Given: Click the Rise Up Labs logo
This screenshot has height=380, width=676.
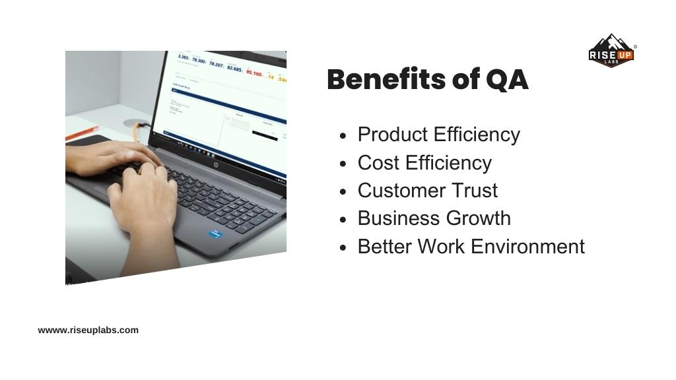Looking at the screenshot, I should click(x=611, y=51).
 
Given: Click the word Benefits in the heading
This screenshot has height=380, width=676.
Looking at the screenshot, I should click(x=386, y=80).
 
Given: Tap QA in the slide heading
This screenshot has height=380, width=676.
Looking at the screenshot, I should click(x=507, y=80).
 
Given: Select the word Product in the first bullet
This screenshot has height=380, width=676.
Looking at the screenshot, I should click(x=393, y=135).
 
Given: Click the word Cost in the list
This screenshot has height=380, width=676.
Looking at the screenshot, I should click(x=378, y=162).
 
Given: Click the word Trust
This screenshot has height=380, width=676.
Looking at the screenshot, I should click(x=474, y=191).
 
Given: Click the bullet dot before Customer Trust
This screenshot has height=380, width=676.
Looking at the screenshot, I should click(x=343, y=191).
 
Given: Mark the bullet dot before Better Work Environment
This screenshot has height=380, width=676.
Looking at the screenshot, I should click(x=343, y=247).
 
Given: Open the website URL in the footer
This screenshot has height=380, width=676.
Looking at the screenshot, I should click(x=88, y=330).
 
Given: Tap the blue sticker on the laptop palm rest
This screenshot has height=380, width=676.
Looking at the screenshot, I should click(x=215, y=234).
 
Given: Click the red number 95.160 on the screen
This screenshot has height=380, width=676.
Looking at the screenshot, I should click(x=254, y=72).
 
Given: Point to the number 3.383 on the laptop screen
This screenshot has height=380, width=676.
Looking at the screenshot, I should click(x=184, y=58).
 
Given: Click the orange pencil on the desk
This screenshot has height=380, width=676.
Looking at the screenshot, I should click(x=82, y=133).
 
